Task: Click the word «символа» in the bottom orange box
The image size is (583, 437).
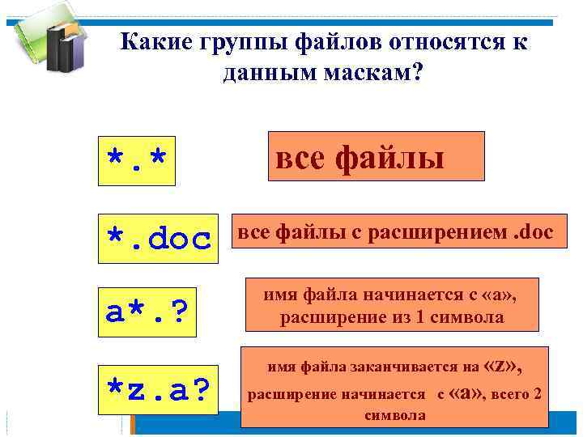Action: coord(394,414)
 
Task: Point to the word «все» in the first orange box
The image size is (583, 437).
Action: coord(300,157)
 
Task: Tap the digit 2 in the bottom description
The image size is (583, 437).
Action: coord(535,394)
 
